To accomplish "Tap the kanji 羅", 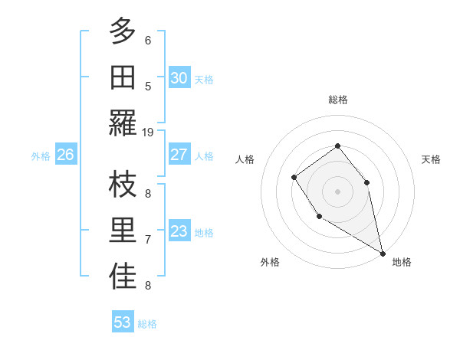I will point(123,123).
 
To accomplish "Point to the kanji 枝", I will point(123,185).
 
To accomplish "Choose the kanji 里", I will point(123,231).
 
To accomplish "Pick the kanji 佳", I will point(123,277).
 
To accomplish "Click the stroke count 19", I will point(148,133).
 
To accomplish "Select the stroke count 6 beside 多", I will point(148,40).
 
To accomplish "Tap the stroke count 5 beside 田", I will point(148,87).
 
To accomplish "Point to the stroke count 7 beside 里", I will point(148,240).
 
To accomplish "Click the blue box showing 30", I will point(179,77).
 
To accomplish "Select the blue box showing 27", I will point(179,155).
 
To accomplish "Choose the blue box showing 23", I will point(179,231).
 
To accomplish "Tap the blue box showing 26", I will point(65,155).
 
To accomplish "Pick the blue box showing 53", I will point(123,322).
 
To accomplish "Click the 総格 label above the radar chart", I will point(337,100).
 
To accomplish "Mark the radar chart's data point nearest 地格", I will point(383,254).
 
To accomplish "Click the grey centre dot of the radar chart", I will point(337,191).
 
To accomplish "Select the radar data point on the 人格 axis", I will point(294,178).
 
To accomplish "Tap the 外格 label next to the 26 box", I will point(41,155).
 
